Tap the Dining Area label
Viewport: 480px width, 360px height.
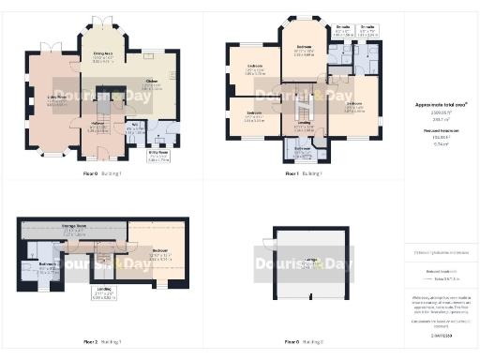[103, 55]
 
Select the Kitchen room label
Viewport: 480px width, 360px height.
[151, 82]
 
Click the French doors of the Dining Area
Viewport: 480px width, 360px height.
[103, 22]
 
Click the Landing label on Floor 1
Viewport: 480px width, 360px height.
[304, 122]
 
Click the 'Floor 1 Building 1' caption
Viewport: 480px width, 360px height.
[304, 173]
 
